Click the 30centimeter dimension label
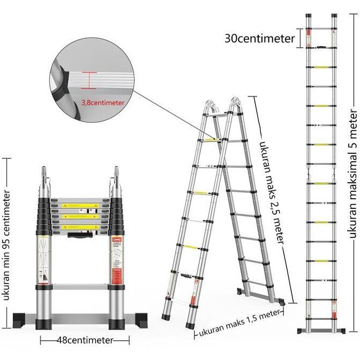coord(259,39)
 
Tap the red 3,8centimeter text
coord(103,102)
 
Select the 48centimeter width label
coord(86,340)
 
